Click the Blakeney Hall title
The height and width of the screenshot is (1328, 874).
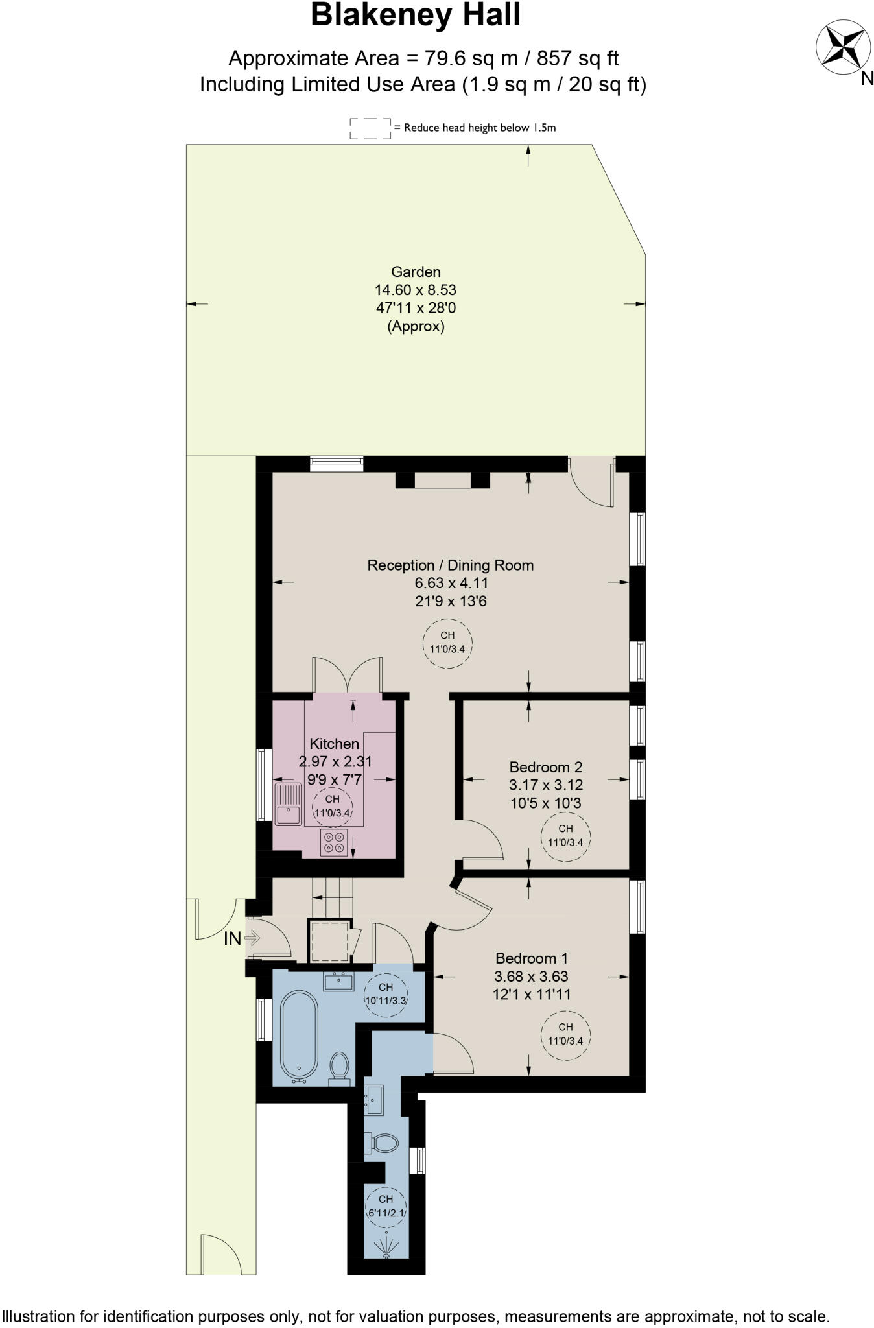[x=416, y=16]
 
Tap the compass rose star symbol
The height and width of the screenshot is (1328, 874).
[x=842, y=47]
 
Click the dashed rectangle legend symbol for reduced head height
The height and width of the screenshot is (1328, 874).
[x=370, y=128]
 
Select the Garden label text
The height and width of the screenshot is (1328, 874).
[x=416, y=272]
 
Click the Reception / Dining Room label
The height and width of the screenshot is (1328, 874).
[x=451, y=565]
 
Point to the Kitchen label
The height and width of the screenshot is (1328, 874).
[x=334, y=744]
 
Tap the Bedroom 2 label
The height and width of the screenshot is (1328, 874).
[x=546, y=767]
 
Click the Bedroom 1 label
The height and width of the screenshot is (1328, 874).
[x=532, y=958]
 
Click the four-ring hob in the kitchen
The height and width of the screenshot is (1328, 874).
[x=333, y=842]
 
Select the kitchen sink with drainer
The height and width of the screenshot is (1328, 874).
[x=288, y=803]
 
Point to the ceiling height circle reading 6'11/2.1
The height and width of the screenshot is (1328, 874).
[x=386, y=1206]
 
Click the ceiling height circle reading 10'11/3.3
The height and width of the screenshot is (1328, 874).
[x=386, y=993]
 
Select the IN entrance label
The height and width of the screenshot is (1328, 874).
[x=232, y=938]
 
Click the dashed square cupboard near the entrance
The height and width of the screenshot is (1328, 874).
[x=329, y=942]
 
